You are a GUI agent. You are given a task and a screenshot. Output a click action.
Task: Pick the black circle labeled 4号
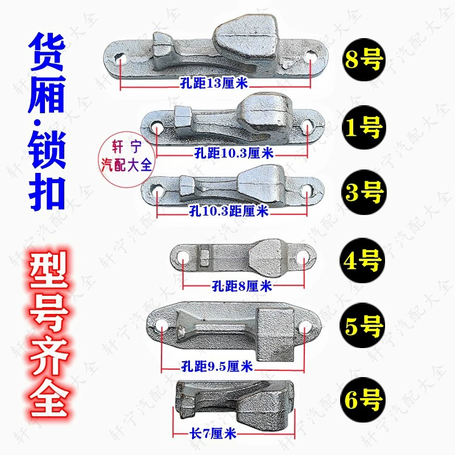362,260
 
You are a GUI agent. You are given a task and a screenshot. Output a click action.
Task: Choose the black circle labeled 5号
362,325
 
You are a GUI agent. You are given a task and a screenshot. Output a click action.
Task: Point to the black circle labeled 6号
363,400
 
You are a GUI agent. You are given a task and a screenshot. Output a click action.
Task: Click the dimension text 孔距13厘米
214,83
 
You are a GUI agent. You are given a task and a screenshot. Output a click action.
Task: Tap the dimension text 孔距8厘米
242,286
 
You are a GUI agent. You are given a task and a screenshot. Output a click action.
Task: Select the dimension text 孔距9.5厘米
217,366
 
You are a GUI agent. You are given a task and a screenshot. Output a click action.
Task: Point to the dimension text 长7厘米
213,434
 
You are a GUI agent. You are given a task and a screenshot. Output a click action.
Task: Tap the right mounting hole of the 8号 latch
311,56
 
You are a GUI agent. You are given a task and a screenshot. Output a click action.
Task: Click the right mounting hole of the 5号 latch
304,326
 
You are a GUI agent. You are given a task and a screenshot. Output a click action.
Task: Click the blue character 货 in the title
47,52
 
